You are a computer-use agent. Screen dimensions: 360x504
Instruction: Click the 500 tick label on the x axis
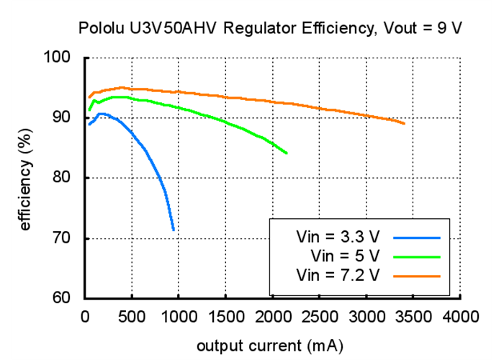click(132, 316)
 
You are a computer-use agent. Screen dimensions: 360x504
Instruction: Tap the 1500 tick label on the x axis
click(225, 316)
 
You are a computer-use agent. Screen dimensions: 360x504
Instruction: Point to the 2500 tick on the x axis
click(320, 316)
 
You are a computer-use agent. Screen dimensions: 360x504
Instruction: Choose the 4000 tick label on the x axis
click(461, 316)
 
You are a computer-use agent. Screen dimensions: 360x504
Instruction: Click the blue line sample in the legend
click(417, 236)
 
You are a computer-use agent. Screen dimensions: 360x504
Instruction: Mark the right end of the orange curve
click(405, 124)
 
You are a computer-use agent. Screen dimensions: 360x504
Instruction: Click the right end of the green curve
click(287, 153)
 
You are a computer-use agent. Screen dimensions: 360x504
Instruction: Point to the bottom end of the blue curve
click(174, 230)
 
